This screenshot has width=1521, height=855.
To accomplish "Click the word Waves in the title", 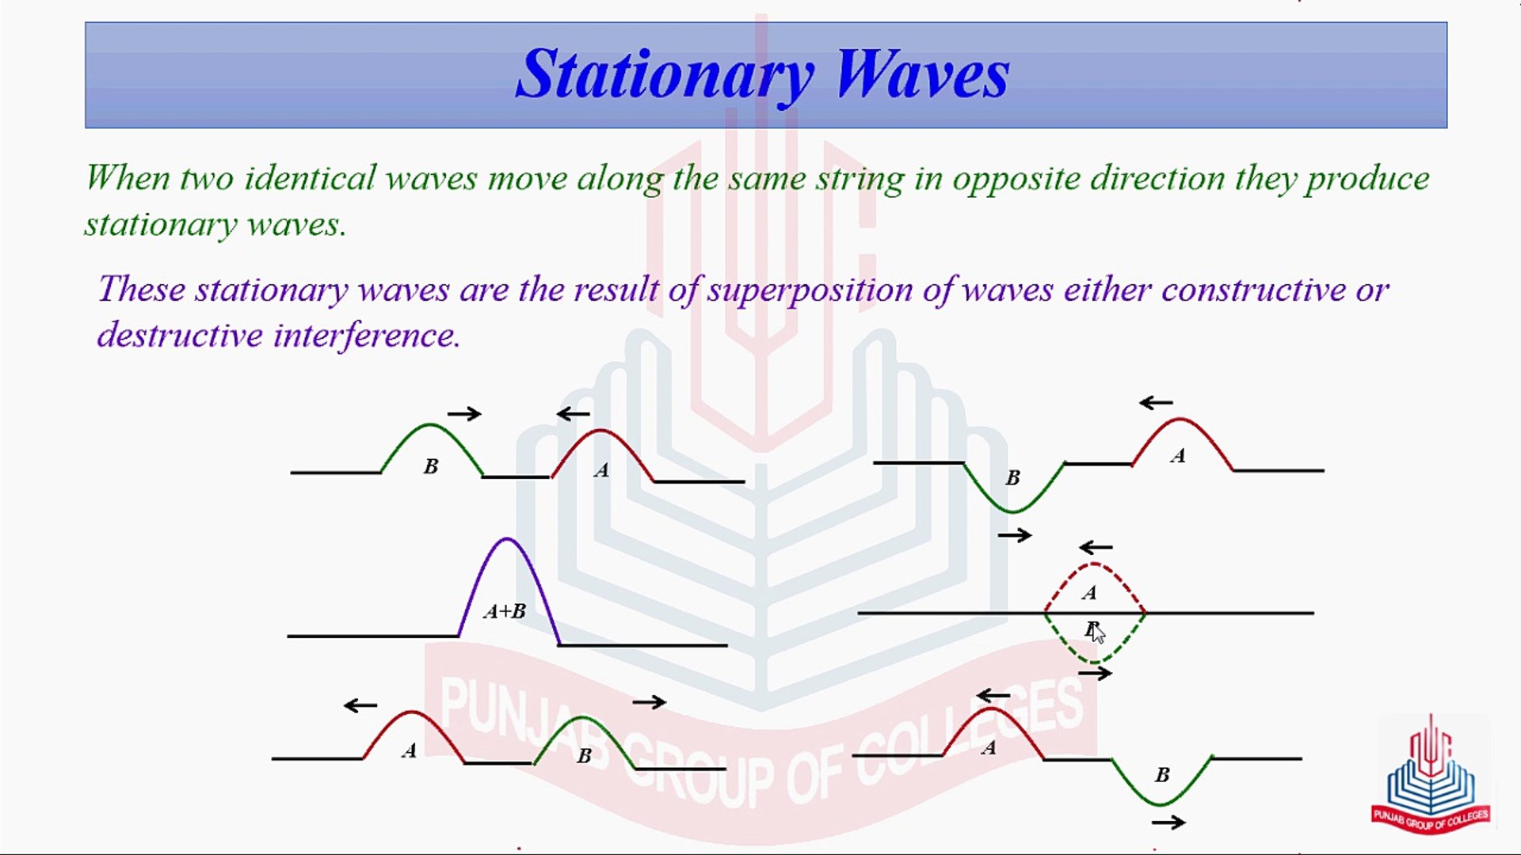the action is pos(923,74).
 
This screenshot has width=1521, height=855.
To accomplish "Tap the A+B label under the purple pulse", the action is pos(505,611).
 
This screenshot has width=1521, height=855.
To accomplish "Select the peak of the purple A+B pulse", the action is pos(507,539).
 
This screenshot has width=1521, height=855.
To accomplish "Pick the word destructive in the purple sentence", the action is pos(180,335).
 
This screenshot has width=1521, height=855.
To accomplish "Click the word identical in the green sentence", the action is pos(310,177).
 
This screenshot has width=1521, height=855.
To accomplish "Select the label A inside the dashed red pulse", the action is pos(1090,593).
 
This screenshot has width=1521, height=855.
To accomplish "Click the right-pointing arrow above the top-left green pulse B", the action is pos(464,413).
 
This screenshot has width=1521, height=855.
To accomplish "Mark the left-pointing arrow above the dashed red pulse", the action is pos(1096,547).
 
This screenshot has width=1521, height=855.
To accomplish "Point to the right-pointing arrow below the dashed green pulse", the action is pos(1095,673).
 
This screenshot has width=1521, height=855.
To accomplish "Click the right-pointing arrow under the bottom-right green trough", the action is pos(1168,823).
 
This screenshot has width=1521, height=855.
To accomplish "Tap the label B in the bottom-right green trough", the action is pos(1162,775).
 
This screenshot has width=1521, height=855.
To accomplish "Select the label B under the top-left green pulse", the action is pos(431,467).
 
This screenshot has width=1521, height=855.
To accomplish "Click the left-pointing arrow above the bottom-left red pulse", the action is pos(360,705).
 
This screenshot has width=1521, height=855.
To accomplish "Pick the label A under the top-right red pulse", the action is pos(1178,456).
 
